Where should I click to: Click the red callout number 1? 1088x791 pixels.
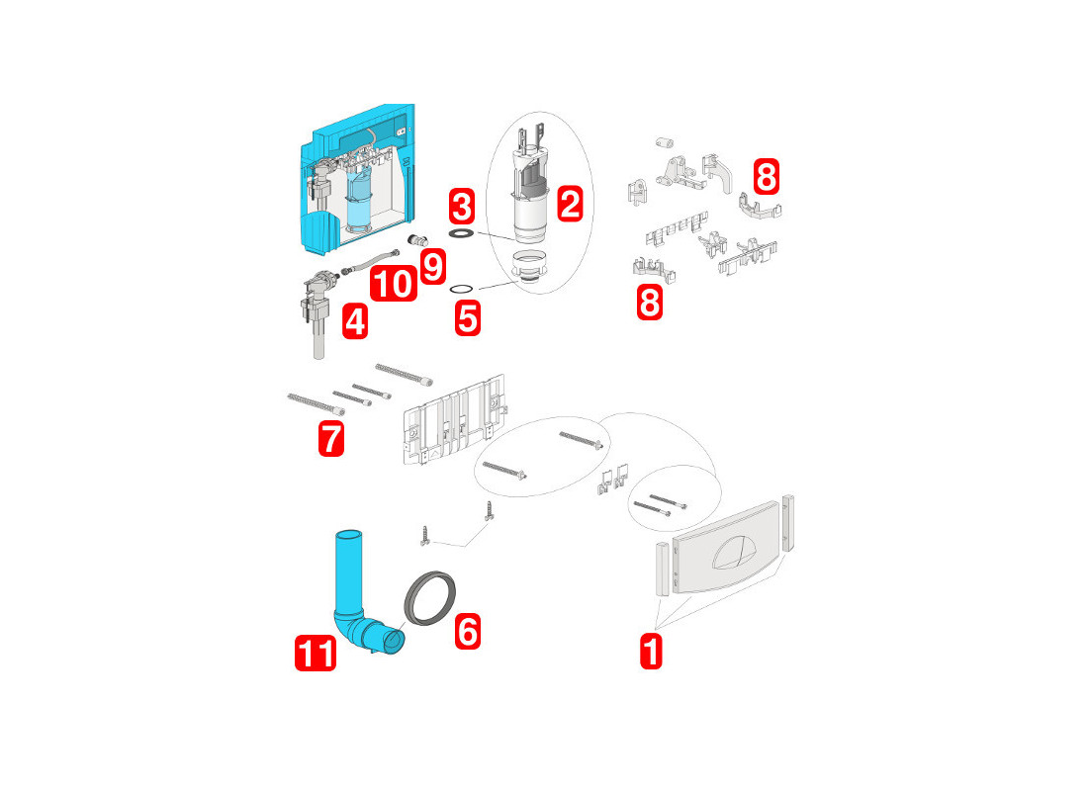tap(651, 651)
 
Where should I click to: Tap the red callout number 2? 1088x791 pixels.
tap(570, 204)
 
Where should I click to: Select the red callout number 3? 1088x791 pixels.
tap(462, 206)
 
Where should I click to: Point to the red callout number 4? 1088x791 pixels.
tap(354, 322)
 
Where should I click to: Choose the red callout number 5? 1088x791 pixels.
tap(468, 319)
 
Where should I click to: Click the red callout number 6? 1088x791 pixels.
tap(468, 632)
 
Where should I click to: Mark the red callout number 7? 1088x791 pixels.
tap(331, 439)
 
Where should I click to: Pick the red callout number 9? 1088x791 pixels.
tap(433, 267)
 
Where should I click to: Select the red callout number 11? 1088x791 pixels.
tap(316, 653)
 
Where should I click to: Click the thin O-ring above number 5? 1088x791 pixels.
tap(462, 289)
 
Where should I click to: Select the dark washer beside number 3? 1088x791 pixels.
tap(462, 233)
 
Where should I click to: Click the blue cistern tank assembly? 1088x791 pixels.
tap(357, 180)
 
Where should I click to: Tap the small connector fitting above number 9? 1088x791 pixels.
tap(417, 240)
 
